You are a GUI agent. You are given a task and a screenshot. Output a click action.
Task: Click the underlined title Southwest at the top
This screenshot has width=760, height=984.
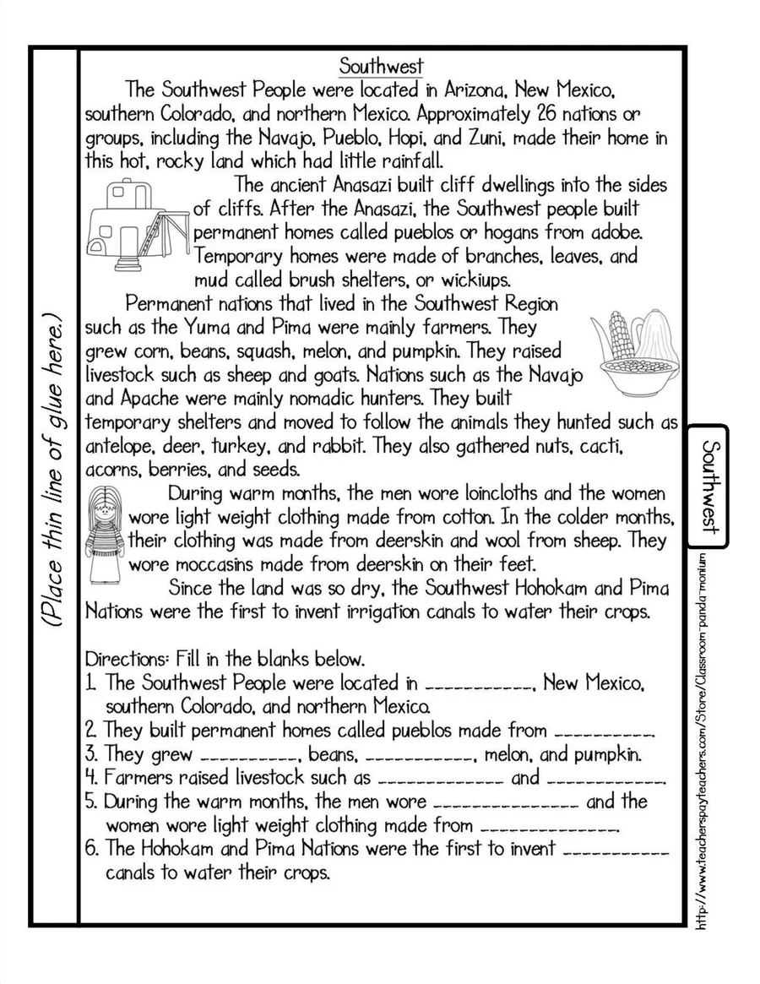coord(381,66)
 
